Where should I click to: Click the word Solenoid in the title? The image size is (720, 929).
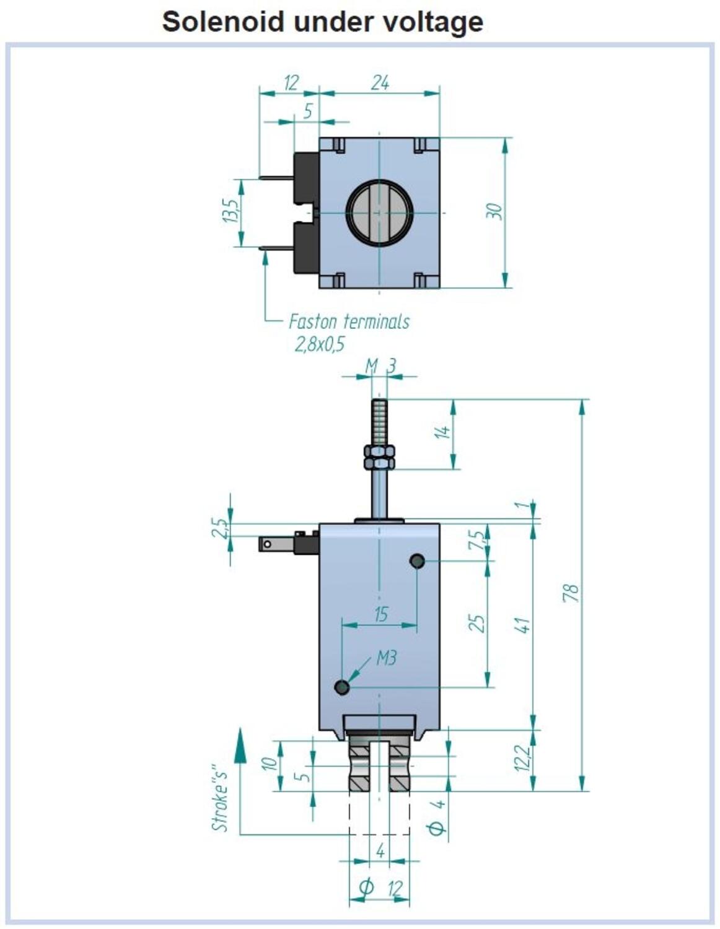tap(223, 22)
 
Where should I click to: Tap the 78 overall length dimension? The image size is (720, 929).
tap(572, 593)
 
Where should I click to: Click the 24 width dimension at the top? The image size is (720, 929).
tap(380, 82)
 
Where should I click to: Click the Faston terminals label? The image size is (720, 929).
tap(349, 321)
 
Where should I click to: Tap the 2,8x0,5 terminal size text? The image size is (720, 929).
tap(319, 344)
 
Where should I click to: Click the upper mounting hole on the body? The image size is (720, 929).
tap(417, 560)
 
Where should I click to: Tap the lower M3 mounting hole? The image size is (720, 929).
tap(342, 687)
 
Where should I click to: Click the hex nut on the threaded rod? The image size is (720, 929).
tap(379, 457)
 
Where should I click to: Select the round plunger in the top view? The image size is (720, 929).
tap(379, 213)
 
